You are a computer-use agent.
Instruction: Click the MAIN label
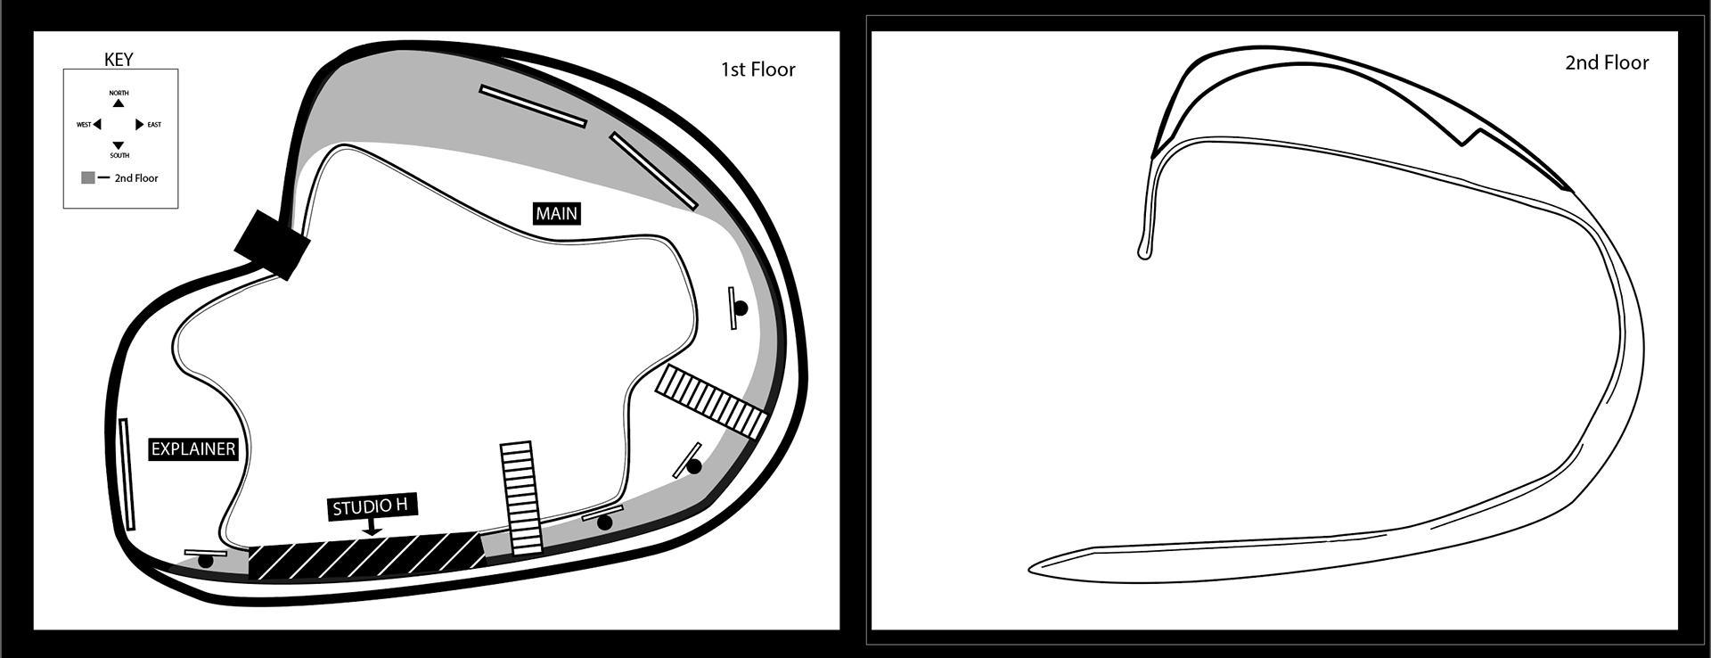(x=556, y=214)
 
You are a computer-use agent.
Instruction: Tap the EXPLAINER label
(x=193, y=449)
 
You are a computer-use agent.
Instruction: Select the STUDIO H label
(x=370, y=506)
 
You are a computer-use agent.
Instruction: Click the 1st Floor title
(x=757, y=70)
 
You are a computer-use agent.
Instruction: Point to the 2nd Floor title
(x=1607, y=63)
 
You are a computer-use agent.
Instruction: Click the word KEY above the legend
(x=119, y=60)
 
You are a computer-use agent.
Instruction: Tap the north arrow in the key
(x=119, y=103)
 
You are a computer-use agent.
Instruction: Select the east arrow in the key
(x=139, y=125)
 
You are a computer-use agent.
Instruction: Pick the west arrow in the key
(x=97, y=125)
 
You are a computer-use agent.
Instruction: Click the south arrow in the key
(x=119, y=145)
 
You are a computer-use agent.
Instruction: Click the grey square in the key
(x=88, y=178)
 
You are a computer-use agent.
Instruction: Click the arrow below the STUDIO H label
(x=372, y=530)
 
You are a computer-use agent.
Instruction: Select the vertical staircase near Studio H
(x=521, y=498)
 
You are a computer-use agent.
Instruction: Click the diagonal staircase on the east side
(x=711, y=401)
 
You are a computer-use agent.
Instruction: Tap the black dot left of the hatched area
(x=206, y=562)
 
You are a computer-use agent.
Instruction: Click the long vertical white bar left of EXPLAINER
(x=128, y=474)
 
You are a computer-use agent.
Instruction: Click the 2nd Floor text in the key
(x=136, y=178)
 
